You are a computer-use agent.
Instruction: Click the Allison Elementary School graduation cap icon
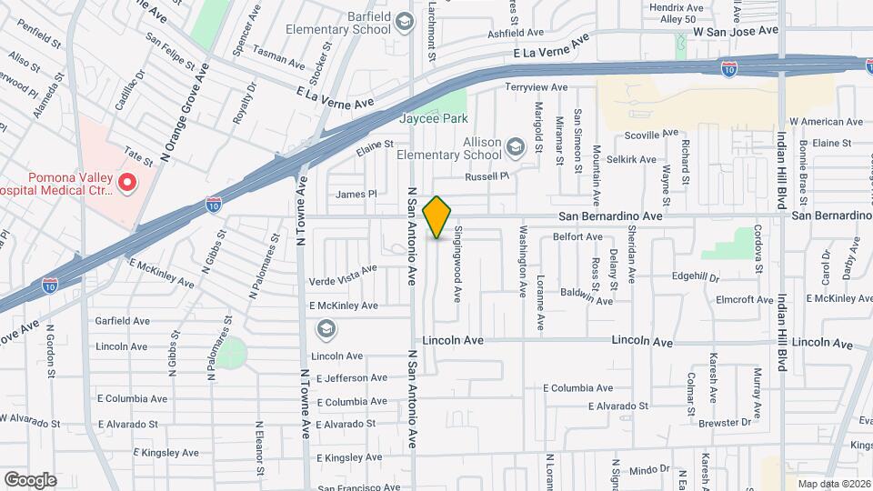coord(516,147)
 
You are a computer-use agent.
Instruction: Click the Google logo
coord(29,479)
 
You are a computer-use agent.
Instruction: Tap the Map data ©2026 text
coord(832,484)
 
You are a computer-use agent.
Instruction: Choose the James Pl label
coord(356,194)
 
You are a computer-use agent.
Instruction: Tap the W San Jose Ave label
coord(736,30)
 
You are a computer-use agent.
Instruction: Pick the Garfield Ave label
coord(123,321)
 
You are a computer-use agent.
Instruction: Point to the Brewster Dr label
coord(725,423)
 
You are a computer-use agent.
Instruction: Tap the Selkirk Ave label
coord(633,159)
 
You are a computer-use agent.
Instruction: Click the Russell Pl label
coord(484,176)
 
